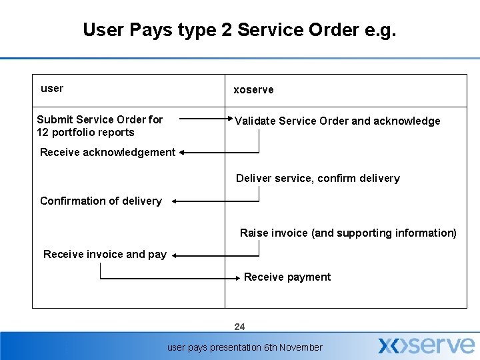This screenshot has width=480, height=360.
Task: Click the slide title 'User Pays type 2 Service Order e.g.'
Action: coord(239,30)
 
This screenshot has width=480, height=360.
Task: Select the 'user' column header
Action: coord(52,88)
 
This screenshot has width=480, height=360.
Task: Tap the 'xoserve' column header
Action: coord(253,89)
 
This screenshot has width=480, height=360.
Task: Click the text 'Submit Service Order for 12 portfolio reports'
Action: coord(99,125)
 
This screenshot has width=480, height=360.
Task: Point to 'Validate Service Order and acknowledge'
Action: coord(337,121)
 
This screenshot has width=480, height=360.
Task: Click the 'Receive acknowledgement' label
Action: coord(107,152)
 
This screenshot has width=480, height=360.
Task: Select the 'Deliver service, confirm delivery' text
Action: coord(318,178)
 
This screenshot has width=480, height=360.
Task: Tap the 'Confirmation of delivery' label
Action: coord(101,201)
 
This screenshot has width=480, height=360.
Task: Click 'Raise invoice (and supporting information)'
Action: coord(348,233)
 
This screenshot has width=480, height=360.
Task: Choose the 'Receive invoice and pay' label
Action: coord(105,254)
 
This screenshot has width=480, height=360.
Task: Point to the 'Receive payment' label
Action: coord(287,277)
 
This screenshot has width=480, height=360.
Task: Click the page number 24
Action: coord(240,327)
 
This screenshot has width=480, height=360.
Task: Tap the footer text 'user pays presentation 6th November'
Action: coord(245,347)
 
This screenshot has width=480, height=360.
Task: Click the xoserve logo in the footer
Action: coord(426,345)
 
